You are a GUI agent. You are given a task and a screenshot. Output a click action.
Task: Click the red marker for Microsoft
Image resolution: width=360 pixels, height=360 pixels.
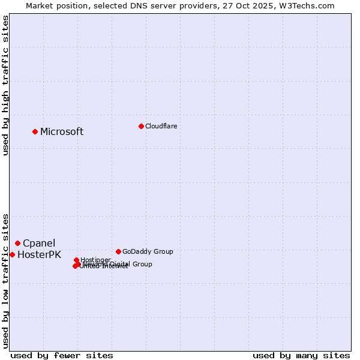[35, 131]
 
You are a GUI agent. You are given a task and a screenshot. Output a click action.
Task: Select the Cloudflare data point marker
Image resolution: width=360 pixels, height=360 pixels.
[141, 126]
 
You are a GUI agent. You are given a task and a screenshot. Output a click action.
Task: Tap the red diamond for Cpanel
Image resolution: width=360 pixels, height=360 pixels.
[17, 243]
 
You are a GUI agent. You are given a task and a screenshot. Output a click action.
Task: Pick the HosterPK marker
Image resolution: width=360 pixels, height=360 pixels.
[12, 254]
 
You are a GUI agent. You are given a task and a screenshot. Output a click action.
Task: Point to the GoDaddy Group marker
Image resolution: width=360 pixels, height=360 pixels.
[118, 251]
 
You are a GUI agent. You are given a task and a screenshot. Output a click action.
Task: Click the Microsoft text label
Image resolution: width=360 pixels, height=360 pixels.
[62, 132]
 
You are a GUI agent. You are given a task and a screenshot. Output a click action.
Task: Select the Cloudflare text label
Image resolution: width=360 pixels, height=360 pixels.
[161, 126]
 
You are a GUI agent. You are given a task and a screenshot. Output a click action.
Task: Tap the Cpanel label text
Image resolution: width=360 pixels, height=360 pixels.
[39, 244]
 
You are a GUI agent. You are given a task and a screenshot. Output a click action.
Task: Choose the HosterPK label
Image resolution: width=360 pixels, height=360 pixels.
[39, 255]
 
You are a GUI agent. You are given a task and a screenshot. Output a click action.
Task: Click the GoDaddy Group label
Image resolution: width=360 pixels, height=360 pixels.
[148, 251]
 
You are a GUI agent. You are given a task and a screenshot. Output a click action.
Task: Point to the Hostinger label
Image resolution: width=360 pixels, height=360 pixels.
[95, 260]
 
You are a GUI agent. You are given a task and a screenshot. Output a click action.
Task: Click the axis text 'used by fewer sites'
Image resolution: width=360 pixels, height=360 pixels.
[62, 355]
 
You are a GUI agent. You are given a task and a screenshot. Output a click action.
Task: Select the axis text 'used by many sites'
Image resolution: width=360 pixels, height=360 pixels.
[301, 355]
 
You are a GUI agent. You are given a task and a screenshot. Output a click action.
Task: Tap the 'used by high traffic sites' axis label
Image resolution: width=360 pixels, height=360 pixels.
[6, 85]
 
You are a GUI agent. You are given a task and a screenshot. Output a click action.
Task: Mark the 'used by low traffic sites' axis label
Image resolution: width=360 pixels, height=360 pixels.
[6, 280]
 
